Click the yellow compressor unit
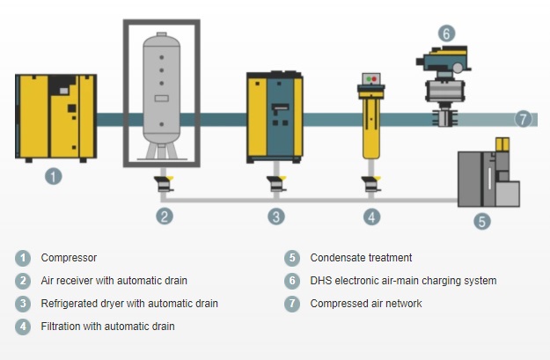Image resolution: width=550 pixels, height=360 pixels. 55,116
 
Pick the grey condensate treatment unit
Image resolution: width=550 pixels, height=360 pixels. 486,176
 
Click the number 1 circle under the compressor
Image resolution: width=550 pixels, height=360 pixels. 54,176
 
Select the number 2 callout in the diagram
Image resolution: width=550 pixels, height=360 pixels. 164,216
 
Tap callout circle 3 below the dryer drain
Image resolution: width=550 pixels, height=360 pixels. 277,216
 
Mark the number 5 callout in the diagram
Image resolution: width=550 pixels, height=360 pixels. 482,222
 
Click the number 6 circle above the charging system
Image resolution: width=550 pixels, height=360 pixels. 446,33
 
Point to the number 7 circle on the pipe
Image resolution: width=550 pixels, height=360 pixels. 524,119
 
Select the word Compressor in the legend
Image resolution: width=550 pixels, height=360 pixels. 69,258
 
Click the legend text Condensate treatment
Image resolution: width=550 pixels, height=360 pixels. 361,258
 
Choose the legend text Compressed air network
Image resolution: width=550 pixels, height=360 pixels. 366,304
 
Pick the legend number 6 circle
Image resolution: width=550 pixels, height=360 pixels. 292,281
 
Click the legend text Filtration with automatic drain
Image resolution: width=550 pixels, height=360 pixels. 107,327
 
